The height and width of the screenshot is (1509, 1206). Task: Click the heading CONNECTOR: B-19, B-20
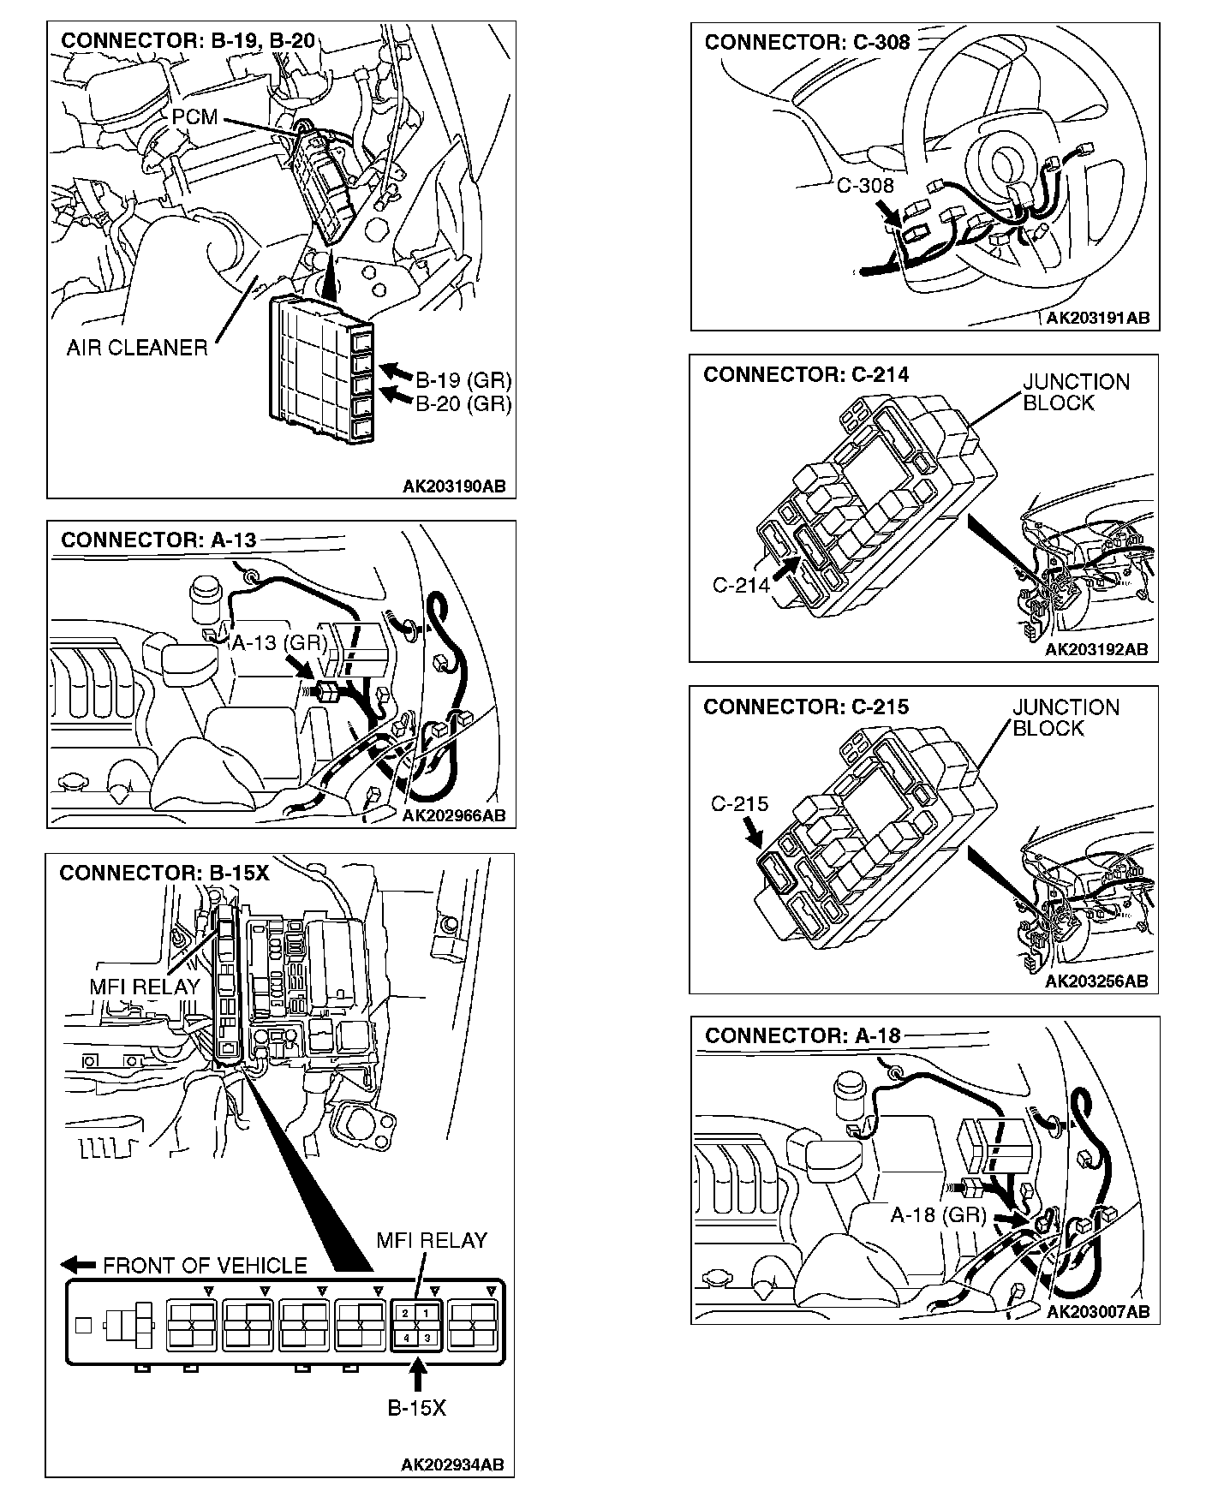[188, 41]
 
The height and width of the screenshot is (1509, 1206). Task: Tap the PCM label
[194, 116]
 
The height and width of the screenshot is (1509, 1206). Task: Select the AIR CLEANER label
[137, 348]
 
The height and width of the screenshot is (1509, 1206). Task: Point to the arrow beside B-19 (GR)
[396, 372]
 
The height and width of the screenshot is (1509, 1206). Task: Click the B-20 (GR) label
[463, 403]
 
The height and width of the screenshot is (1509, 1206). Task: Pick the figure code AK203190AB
[454, 486]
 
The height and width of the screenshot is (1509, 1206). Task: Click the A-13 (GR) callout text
[279, 642]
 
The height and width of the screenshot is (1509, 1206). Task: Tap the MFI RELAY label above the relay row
[431, 1240]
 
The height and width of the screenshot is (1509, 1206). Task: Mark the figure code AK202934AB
[452, 1464]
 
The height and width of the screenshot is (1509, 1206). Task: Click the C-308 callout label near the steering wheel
[864, 185]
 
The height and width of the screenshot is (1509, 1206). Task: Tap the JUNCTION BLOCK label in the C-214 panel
[1076, 392]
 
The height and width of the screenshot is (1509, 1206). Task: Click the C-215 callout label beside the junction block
[739, 804]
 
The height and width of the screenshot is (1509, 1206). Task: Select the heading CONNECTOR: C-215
[805, 707]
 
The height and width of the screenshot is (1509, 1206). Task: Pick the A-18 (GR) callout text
[938, 1214]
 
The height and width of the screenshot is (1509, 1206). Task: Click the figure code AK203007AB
[1097, 1311]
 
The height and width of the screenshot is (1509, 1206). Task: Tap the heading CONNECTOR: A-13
[158, 540]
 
